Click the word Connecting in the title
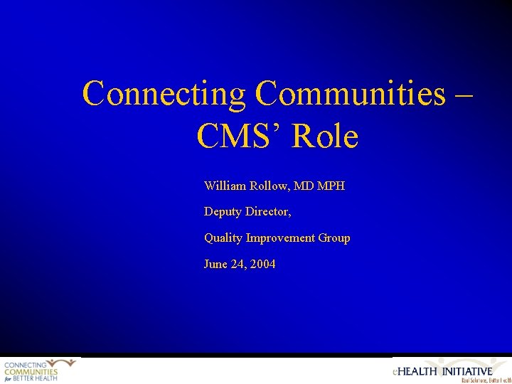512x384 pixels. click(x=164, y=94)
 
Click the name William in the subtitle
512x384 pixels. click(x=225, y=186)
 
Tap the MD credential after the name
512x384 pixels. click(x=304, y=186)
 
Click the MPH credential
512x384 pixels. click(x=331, y=186)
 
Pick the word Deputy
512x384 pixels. click(x=223, y=212)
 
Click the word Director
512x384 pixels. click(x=268, y=212)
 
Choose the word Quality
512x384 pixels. click(x=223, y=238)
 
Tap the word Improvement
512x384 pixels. click(x=279, y=238)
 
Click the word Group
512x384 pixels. click(x=334, y=238)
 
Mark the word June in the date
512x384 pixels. click(x=215, y=265)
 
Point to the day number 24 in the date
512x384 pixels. click(x=238, y=265)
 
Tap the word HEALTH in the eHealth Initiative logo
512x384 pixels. click(x=418, y=371)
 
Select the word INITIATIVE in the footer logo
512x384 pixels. click(x=468, y=371)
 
